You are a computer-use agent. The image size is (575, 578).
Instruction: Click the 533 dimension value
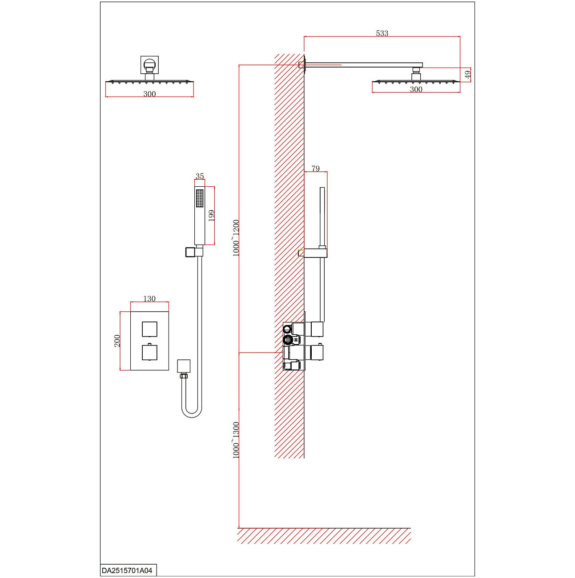[382, 33]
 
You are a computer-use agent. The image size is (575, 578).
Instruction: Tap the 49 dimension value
[467, 75]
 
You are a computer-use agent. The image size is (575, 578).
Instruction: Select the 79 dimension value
[315, 169]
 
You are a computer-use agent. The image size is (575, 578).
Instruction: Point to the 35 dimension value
[200, 176]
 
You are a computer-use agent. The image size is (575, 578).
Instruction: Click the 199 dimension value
[212, 216]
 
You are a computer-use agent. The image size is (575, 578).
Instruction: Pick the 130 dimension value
[149, 299]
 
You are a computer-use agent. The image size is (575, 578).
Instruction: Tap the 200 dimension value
[117, 341]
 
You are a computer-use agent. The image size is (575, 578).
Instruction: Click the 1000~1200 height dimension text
[236, 238]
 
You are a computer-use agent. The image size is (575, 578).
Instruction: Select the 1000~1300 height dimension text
[236, 440]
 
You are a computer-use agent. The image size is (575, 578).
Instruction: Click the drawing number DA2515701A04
[127, 570]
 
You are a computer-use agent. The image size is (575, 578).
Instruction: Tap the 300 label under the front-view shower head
[149, 94]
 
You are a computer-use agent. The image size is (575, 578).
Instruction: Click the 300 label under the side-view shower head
[416, 89]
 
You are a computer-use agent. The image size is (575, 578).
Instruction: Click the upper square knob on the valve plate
[149, 329]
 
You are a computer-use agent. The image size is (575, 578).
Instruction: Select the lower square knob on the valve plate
[149, 352]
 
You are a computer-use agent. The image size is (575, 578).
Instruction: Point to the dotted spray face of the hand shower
[200, 198]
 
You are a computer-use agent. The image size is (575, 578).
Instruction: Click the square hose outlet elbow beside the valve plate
[184, 366]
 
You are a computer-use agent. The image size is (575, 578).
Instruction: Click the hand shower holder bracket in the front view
[194, 252]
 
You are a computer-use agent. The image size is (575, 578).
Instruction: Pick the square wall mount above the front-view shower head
[149, 65]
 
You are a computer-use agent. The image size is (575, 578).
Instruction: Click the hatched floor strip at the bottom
[324, 536]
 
